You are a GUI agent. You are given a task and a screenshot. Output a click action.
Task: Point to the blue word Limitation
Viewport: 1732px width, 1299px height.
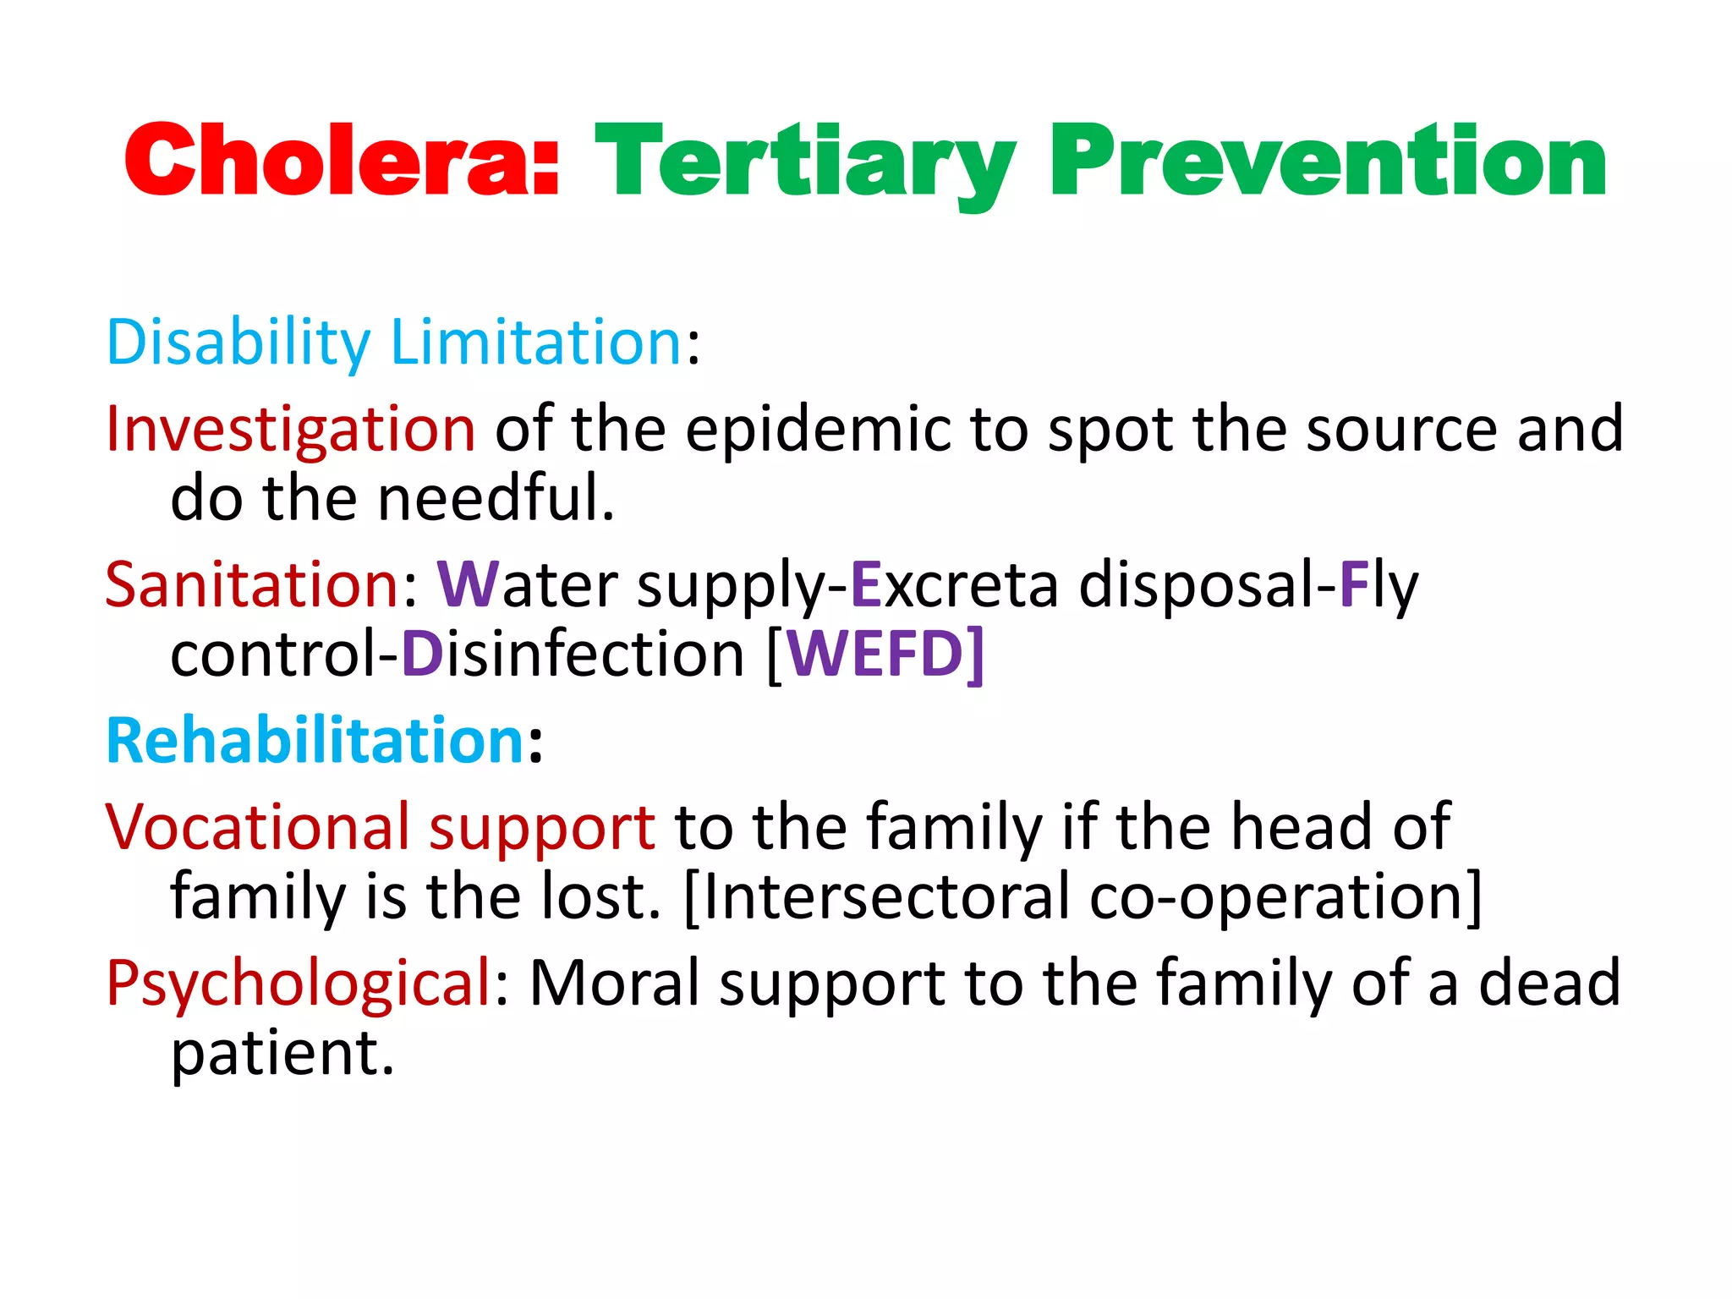click(x=535, y=343)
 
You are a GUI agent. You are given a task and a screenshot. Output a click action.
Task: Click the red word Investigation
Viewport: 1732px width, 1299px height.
click(x=290, y=429)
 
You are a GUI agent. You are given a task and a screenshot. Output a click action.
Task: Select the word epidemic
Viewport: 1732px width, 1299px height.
click(x=817, y=429)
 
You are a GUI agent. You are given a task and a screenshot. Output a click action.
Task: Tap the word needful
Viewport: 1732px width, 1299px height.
click(x=496, y=498)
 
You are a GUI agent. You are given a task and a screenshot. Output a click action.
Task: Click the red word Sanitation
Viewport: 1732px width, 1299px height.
click(x=252, y=584)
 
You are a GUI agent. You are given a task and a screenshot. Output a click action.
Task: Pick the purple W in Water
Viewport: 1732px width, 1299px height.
click(x=468, y=584)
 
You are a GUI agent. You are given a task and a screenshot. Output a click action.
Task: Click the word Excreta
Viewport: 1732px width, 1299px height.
click(x=954, y=584)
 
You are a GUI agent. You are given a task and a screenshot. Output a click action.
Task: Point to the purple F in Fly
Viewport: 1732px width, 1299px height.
click(x=1353, y=584)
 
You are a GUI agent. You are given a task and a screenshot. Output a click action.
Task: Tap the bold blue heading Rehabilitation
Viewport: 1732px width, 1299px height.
click(x=315, y=741)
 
